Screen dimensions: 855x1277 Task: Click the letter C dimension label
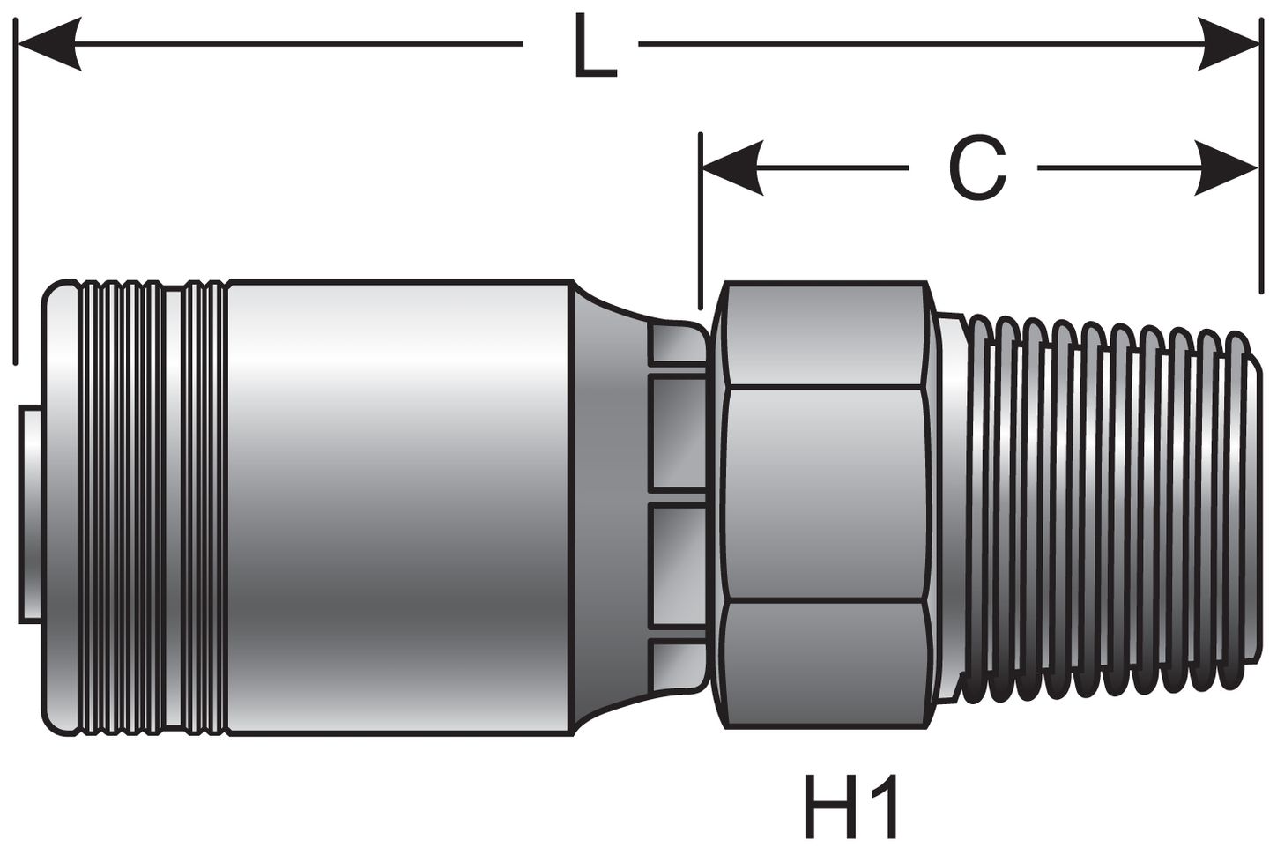(977, 168)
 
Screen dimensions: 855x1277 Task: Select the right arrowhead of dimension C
(1229, 167)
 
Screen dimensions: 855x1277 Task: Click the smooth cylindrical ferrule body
(397, 507)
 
